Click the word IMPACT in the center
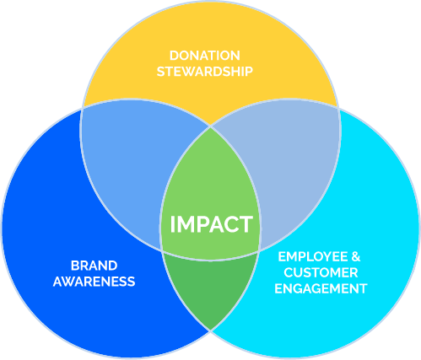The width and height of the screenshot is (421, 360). point(212,224)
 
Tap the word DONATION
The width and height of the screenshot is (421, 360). point(205,56)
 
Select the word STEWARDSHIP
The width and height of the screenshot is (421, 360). point(205,72)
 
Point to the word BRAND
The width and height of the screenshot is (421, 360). point(94,266)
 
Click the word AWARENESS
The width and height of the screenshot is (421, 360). point(94,282)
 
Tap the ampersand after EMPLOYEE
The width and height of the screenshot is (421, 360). point(356,257)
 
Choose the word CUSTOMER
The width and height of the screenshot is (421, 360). point(321,272)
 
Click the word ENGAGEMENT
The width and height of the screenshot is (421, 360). point(321,288)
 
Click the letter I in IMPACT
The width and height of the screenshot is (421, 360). point(173,224)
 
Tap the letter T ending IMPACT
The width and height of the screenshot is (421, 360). point(246,224)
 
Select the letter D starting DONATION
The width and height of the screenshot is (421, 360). point(174,56)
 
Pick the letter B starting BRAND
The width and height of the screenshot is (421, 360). point(75,266)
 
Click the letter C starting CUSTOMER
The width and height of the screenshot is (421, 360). point(289,272)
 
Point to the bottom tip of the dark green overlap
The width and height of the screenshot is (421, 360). point(210,330)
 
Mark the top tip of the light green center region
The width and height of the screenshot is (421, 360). point(210,127)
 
